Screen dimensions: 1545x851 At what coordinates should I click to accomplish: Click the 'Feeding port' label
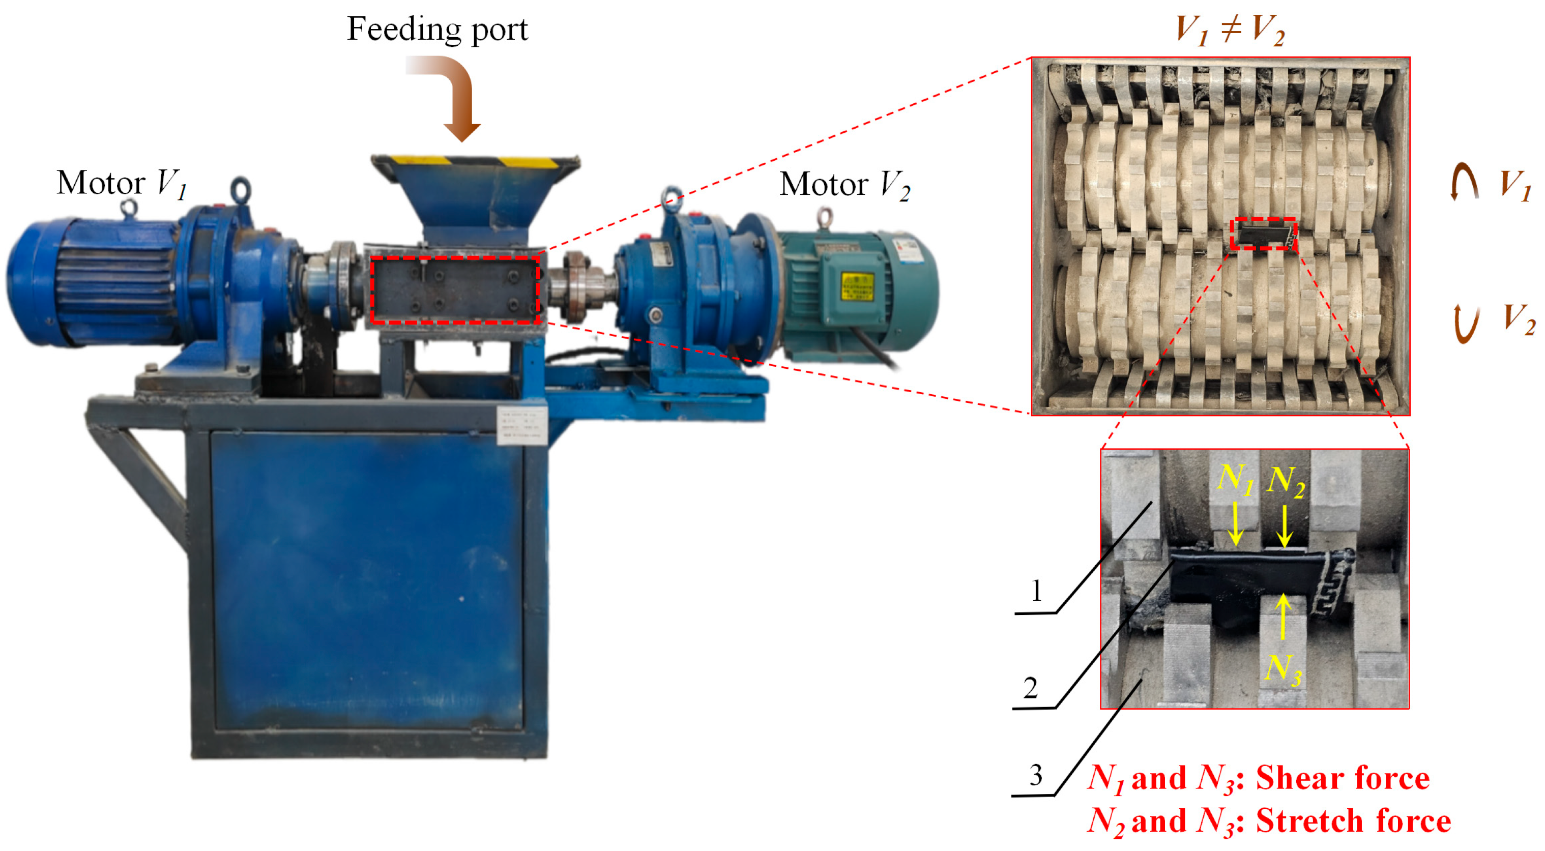[437, 30]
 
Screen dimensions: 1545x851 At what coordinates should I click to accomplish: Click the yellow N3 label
[1283, 670]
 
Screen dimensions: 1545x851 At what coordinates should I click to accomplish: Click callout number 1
[1036, 591]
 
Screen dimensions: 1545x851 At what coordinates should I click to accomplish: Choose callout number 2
[1030, 687]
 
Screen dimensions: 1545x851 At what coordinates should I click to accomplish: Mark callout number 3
[1036, 775]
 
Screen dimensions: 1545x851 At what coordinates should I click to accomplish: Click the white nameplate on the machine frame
[522, 425]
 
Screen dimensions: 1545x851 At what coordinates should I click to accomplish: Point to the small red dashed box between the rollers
[1263, 234]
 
